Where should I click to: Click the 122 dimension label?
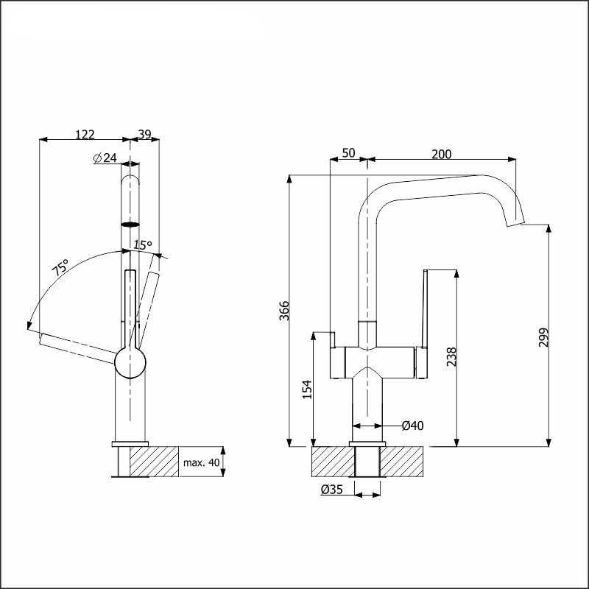click(x=85, y=134)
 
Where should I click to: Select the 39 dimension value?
click(x=144, y=134)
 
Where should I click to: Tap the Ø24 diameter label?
click(x=106, y=158)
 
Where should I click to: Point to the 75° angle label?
click(x=60, y=267)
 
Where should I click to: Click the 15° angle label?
click(x=142, y=244)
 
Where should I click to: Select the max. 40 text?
click(x=202, y=462)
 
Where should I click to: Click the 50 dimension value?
click(x=349, y=153)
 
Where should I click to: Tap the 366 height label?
click(x=285, y=311)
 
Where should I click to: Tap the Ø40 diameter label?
click(x=412, y=426)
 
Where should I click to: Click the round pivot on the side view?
click(x=131, y=363)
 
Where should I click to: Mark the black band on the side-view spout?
click(x=130, y=222)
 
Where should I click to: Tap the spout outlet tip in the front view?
click(x=517, y=222)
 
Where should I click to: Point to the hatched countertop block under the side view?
click(x=154, y=462)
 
